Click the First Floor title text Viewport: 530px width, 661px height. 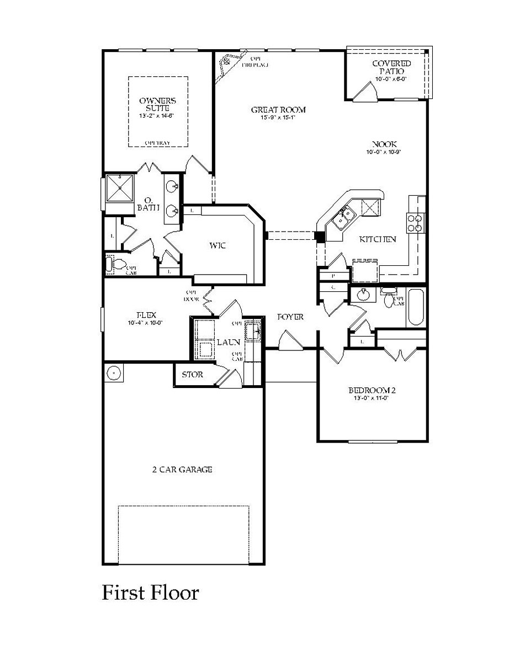150,593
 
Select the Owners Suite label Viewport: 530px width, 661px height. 157,104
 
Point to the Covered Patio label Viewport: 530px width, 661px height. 391,67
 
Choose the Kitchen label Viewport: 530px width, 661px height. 378,240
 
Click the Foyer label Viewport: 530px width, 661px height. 290,317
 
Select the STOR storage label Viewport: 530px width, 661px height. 193,375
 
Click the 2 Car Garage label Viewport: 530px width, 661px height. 182,470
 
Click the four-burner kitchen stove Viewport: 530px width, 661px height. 415,222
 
